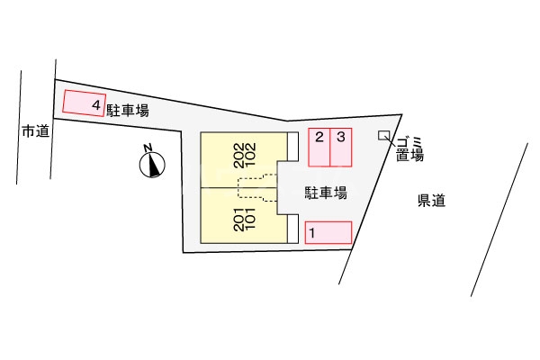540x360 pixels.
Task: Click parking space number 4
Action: [84, 103]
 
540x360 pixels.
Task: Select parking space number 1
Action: [328, 233]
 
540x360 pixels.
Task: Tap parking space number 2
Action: [319, 148]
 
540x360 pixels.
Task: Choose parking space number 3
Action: [341, 148]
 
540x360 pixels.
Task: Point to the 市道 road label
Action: [35, 132]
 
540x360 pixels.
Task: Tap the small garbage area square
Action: [384, 136]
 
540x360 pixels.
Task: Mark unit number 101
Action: [251, 219]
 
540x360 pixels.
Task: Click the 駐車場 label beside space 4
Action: [127, 111]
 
